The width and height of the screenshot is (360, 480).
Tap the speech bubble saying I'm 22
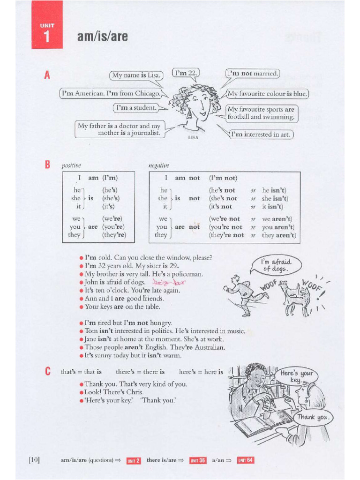pyautogui.click(x=186, y=73)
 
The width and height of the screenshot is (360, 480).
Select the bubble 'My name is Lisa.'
pyautogui.click(x=136, y=75)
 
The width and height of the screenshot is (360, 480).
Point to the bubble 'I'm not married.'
pyautogui.click(x=253, y=74)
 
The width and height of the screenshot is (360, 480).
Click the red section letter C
pyautogui.click(x=47, y=372)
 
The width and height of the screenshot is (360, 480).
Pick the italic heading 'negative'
pyautogui.click(x=158, y=165)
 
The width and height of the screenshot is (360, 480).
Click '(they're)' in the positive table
pyautogui.click(x=114, y=235)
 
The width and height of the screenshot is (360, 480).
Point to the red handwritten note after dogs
pyautogui.click(x=169, y=283)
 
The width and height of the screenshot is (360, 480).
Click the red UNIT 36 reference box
pyautogui.click(x=197, y=460)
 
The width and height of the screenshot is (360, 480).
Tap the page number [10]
pyautogui.click(x=34, y=460)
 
